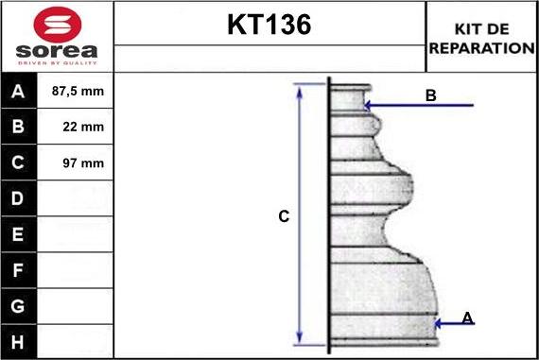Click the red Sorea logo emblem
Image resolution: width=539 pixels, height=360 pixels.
click(x=58, y=25)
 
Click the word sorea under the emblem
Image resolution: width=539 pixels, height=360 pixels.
click(x=57, y=51)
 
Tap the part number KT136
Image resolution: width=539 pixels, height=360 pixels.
click(x=269, y=25)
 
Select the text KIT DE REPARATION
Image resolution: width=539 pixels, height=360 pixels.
click(x=481, y=39)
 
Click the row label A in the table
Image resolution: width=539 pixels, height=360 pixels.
click(x=18, y=92)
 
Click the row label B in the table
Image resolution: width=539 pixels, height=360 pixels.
click(x=18, y=127)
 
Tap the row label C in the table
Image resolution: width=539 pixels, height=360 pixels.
click(x=18, y=163)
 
